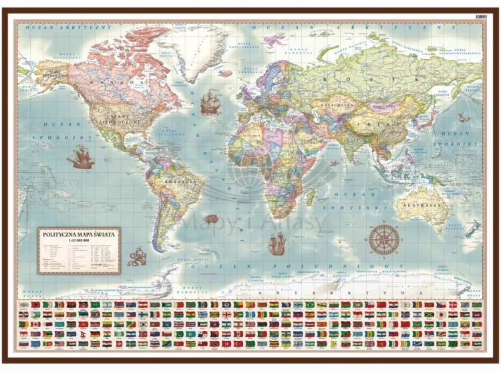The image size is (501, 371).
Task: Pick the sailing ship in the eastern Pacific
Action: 79,158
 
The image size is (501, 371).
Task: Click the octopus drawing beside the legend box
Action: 136,256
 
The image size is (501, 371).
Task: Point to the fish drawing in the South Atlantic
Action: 211,219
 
